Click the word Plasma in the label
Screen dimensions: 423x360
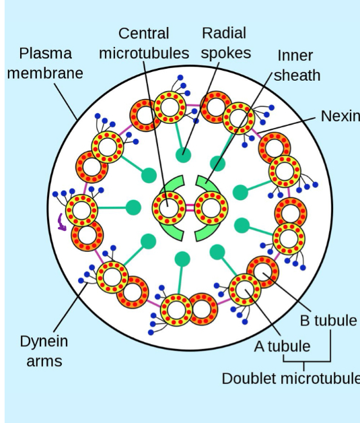pyautogui.click(x=46, y=53)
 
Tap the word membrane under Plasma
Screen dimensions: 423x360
pyautogui.click(x=45, y=73)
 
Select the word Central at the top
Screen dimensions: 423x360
pyautogui.click(x=143, y=33)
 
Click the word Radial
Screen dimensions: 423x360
pyautogui.click(x=224, y=33)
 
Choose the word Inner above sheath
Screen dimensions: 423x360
pyautogui.click(x=295, y=55)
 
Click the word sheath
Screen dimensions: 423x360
pyautogui.click(x=296, y=75)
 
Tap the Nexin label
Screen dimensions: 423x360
pyautogui.click(x=340, y=116)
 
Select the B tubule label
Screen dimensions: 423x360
pyautogui.click(x=328, y=320)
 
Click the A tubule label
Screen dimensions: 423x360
pyautogui.click(x=282, y=346)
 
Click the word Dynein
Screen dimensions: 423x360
pyautogui.click(x=44, y=341)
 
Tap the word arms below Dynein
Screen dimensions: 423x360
pyautogui.click(x=44, y=361)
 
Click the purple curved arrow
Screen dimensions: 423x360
pyautogui.click(x=62, y=222)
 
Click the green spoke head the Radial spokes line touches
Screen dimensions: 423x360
pyautogui.click(x=184, y=154)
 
